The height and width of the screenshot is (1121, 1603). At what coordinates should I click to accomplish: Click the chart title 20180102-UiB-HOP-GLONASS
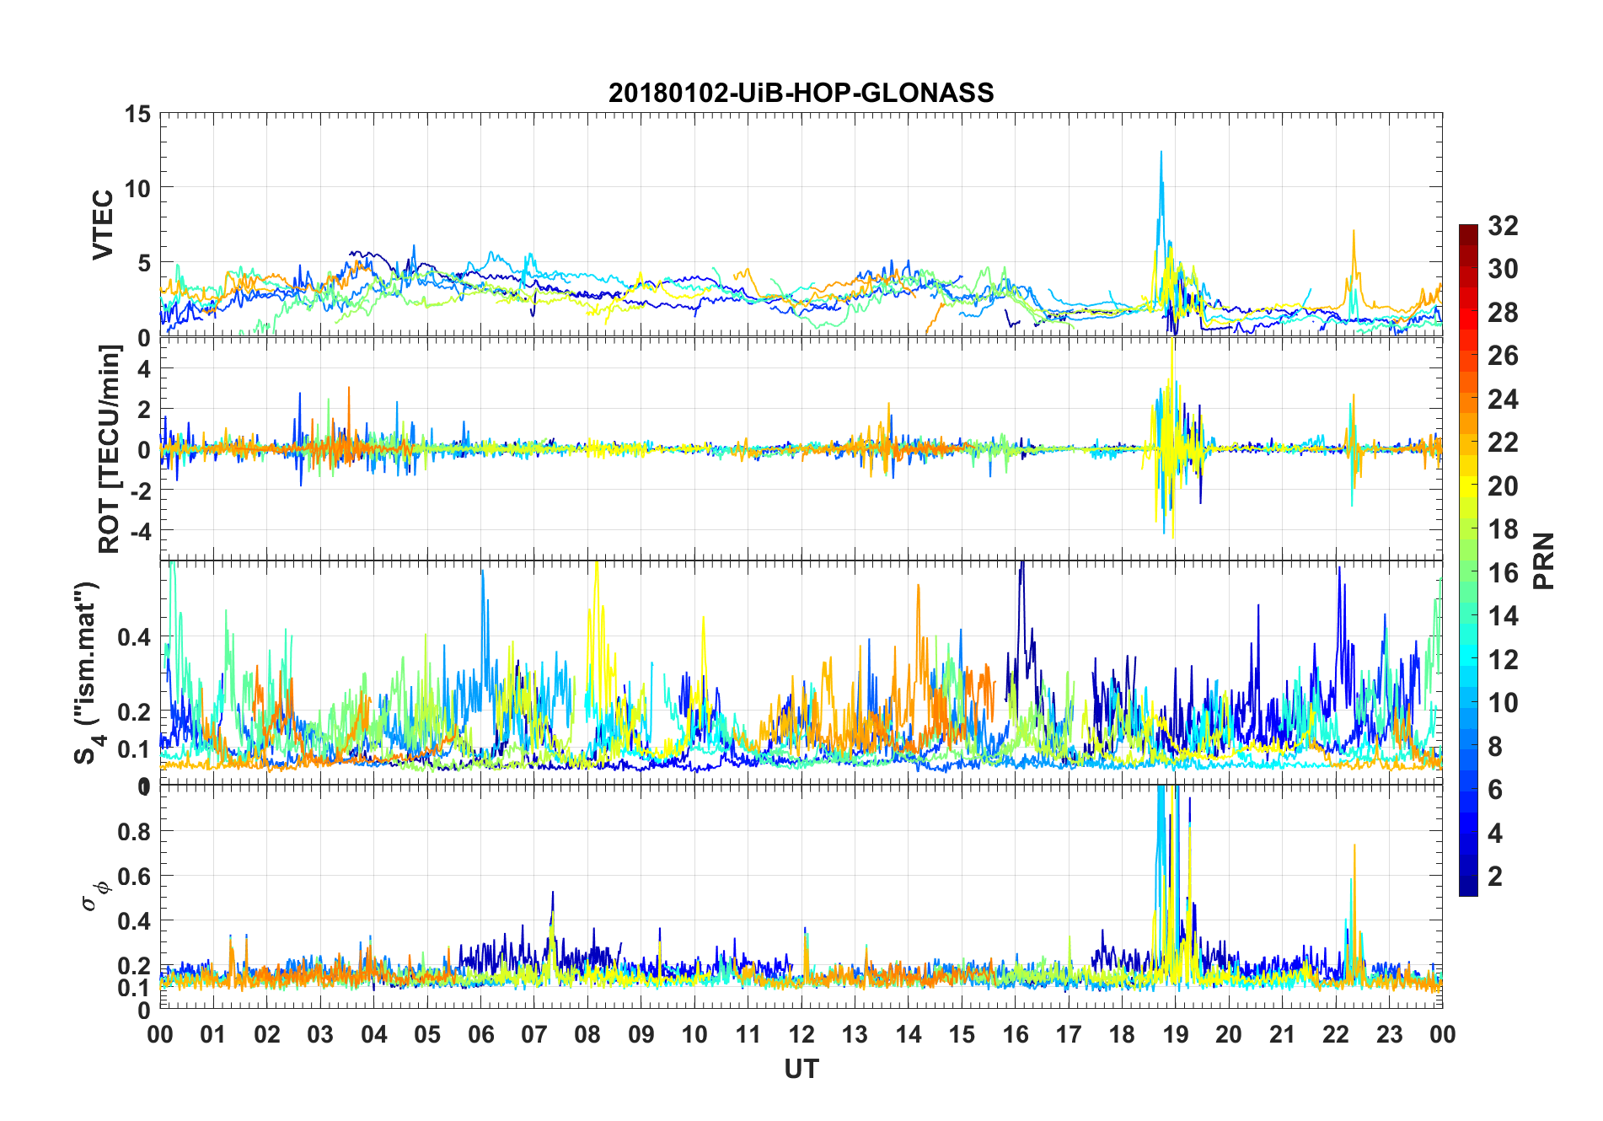[x=801, y=93]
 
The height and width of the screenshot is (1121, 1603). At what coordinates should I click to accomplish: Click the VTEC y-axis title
[x=103, y=225]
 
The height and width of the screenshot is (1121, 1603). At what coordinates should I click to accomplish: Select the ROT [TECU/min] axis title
[x=110, y=448]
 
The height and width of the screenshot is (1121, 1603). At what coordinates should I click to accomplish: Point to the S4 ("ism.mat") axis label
[x=86, y=673]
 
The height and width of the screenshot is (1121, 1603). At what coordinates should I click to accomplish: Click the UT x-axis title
[x=801, y=1070]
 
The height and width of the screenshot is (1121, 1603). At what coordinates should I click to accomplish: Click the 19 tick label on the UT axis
[x=1175, y=1035]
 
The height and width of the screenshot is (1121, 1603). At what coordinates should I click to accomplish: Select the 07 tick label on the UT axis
[x=534, y=1035]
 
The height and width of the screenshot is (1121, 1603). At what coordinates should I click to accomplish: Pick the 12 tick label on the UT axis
[x=801, y=1035]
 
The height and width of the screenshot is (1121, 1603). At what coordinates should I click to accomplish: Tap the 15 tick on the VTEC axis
[x=138, y=114]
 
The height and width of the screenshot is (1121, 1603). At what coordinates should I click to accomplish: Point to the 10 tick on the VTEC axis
[x=138, y=188]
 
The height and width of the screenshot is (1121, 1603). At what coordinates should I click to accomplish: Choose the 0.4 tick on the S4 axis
[x=133, y=637]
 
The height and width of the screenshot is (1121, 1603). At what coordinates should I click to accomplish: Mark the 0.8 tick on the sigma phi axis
[x=133, y=831]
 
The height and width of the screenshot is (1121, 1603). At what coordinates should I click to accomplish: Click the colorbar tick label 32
[x=1503, y=225]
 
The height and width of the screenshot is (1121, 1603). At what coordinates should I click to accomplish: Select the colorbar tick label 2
[x=1495, y=876]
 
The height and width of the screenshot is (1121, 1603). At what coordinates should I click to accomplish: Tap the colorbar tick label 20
[x=1503, y=485]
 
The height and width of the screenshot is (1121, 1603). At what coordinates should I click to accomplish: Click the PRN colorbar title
[x=1544, y=560]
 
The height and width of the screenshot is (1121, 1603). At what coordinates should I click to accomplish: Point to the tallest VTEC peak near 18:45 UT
[x=1161, y=153]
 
